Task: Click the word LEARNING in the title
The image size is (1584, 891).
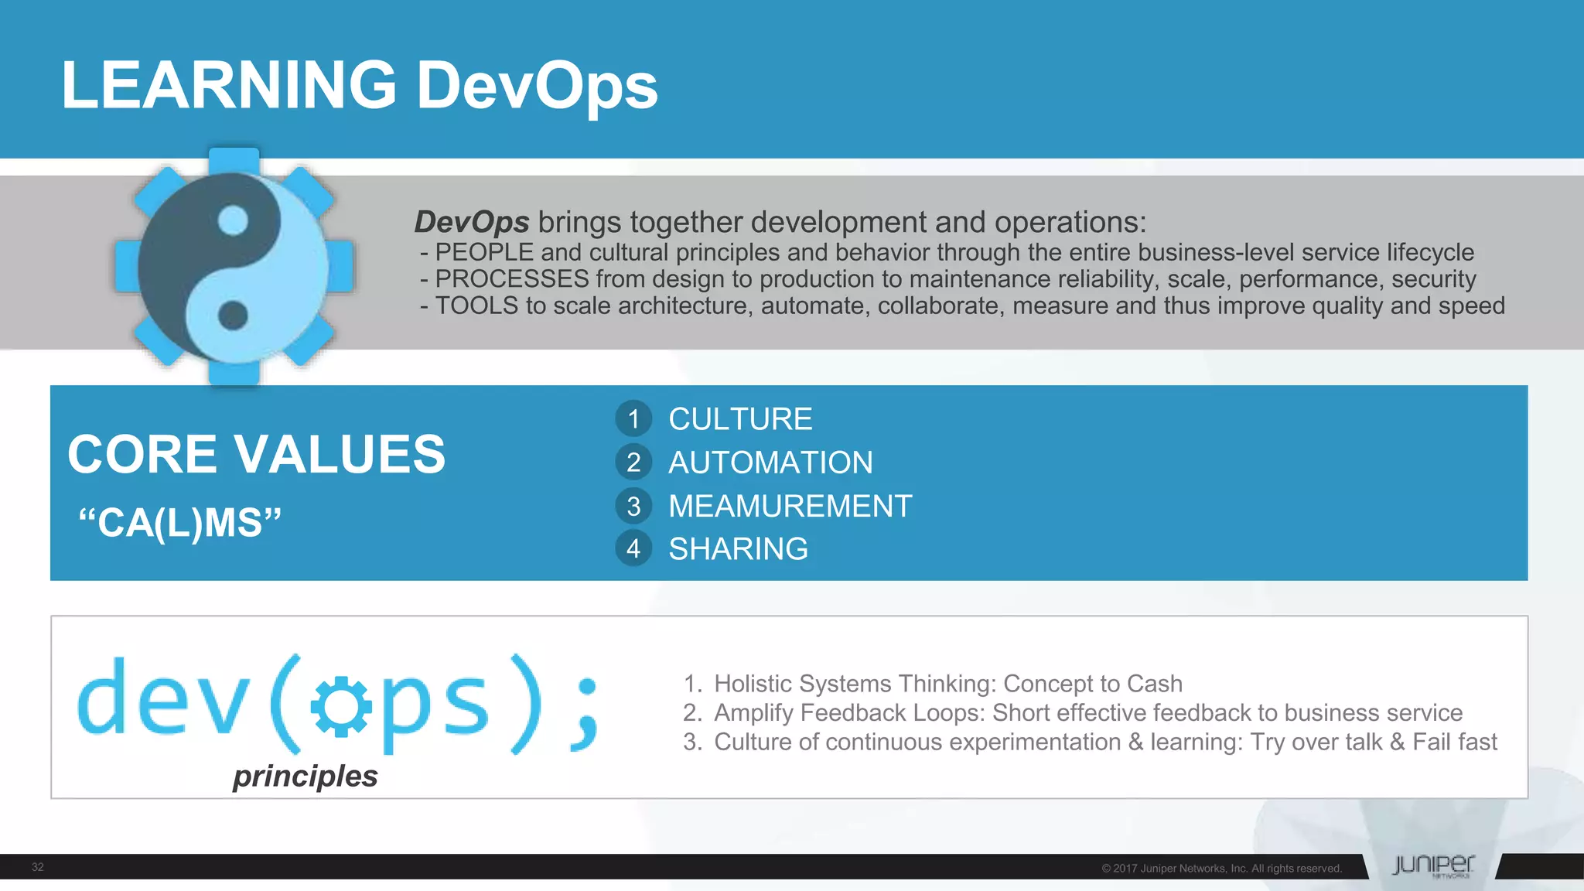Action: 228,85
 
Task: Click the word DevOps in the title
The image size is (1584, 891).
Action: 537,87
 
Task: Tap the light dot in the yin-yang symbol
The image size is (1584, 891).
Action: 233,221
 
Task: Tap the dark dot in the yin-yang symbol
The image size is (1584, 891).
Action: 233,315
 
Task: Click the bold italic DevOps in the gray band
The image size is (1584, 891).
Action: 472,222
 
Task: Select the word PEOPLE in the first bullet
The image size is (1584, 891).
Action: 484,253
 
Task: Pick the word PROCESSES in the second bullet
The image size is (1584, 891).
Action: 512,279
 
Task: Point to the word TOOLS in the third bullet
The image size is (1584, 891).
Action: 476,306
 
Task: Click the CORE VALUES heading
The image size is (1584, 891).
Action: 256,454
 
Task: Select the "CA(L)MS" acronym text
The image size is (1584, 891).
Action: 180,522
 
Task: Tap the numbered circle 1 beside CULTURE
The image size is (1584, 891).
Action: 633,419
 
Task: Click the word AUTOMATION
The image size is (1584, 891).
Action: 770,463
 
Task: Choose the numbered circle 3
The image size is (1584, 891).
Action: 633,506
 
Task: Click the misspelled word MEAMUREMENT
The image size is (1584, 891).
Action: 790,506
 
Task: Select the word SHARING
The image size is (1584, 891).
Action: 738,549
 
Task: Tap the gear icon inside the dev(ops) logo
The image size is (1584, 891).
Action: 341,706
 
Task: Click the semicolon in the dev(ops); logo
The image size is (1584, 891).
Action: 585,714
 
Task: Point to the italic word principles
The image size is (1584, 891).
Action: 305,776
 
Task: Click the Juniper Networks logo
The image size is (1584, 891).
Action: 1432,865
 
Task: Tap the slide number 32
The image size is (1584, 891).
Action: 38,867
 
